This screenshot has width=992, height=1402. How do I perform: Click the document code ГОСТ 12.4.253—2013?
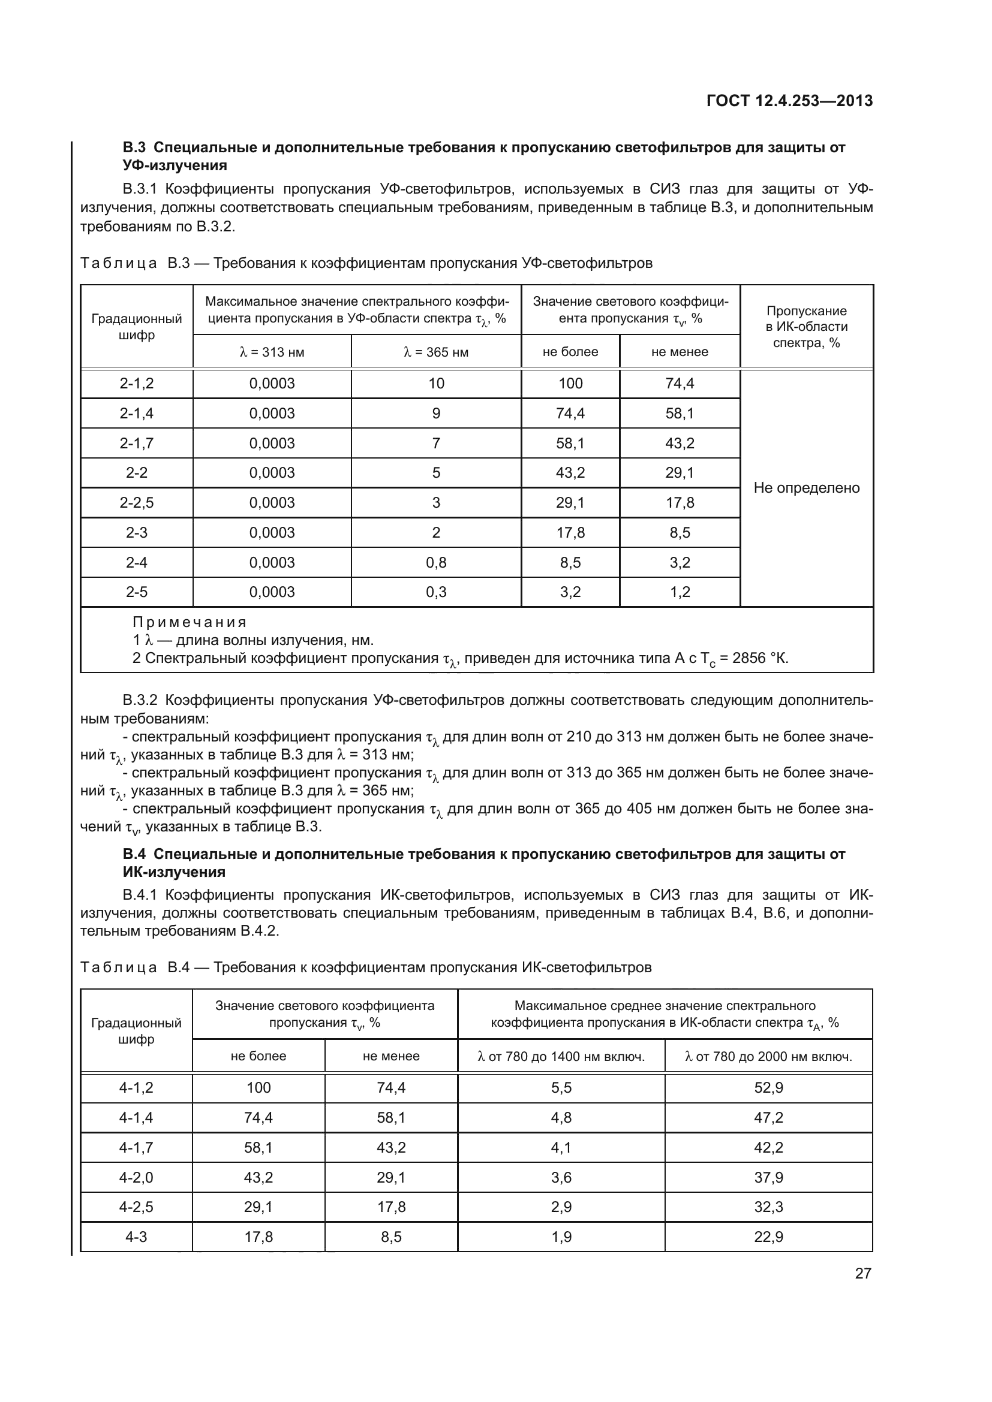tap(789, 101)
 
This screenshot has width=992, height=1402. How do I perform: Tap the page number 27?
tap(862, 1273)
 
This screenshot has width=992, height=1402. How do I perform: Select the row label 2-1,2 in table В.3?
tap(136, 384)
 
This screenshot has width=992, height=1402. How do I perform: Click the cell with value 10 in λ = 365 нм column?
tap(435, 384)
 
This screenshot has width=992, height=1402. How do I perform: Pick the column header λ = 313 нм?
tap(272, 352)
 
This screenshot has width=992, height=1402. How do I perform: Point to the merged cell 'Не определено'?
tap(806, 488)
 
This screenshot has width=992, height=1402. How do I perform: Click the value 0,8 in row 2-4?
tap(435, 562)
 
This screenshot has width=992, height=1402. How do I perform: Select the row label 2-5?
tap(136, 592)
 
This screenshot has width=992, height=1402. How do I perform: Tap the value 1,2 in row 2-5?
tap(680, 592)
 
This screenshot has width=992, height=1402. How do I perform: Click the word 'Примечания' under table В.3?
tap(190, 622)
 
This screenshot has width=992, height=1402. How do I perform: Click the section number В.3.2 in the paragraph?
tap(140, 700)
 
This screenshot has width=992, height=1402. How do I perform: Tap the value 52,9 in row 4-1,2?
tap(768, 1087)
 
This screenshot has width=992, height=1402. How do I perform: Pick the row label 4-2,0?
tap(136, 1177)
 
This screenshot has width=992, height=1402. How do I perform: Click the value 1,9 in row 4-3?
tap(561, 1237)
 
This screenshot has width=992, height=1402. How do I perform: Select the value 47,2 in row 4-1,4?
tap(768, 1117)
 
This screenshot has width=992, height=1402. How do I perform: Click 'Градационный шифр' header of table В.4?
tap(136, 1031)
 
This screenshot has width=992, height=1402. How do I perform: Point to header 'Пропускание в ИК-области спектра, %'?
tap(806, 327)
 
